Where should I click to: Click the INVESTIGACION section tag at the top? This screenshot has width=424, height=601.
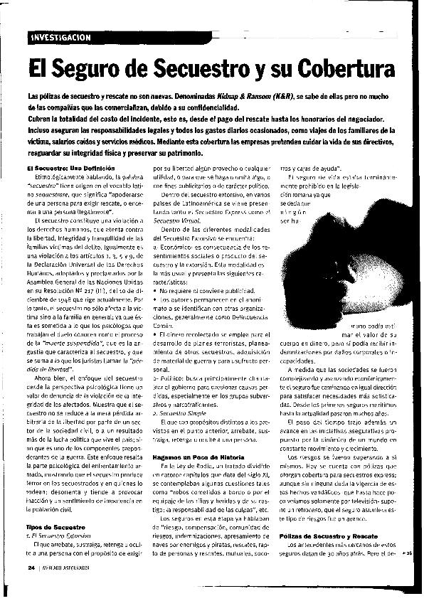63,36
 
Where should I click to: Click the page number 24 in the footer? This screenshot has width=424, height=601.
31,567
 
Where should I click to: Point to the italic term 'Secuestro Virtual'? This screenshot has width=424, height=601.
175,221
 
